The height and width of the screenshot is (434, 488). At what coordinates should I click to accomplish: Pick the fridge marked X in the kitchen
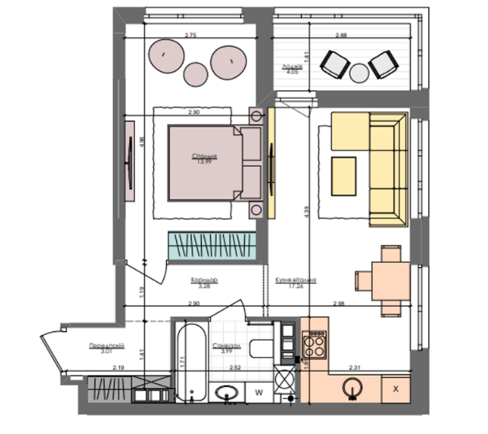(x=395, y=389)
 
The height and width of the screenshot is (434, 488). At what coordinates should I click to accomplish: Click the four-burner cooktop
(x=316, y=343)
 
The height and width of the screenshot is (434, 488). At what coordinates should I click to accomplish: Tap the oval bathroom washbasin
(x=228, y=393)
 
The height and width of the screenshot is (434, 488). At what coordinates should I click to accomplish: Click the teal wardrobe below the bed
(x=212, y=246)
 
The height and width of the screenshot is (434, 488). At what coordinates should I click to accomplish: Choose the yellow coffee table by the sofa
(x=344, y=176)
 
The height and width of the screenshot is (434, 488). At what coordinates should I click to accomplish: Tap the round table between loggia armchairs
(x=359, y=72)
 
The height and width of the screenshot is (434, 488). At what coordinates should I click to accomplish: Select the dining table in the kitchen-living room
(x=387, y=279)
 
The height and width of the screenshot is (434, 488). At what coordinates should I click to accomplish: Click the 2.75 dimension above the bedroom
(x=190, y=36)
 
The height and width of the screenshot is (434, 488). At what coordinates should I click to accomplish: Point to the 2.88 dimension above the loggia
(x=341, y=36)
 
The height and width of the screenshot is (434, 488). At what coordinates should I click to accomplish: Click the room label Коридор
(x=203, y=280)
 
